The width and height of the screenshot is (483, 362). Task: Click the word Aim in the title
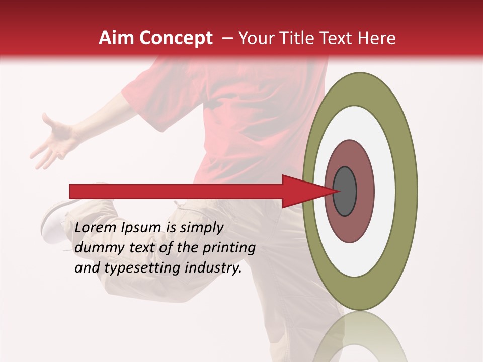coord(116,38)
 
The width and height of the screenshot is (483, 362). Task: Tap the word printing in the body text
coord(228,248)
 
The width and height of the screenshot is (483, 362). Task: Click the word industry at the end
coord(213,268)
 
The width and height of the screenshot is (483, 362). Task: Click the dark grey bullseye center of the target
coord(345,192)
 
